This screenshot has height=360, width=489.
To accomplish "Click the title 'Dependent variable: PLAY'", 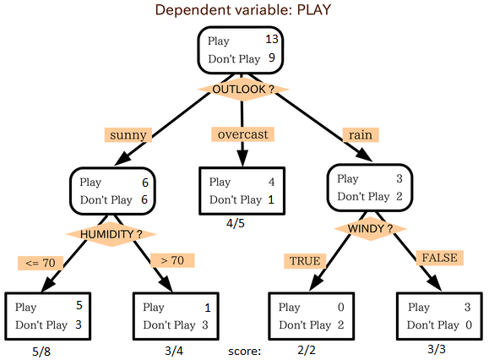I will [x=243, y=10].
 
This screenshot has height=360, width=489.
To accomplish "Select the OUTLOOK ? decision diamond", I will [x=243, y=89].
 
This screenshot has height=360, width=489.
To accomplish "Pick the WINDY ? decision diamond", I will [x=365, y=228].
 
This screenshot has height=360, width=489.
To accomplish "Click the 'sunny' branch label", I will [x=128, y=134].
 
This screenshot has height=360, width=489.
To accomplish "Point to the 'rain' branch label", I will [x=359, y=134].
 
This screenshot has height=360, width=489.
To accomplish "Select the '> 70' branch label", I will [x=172, y=260].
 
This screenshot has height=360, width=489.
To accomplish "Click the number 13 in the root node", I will [x=271, y=40].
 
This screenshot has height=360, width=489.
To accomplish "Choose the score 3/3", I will [x=437, y=350].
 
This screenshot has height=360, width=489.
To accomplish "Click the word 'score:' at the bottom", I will [x=245, y=350].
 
